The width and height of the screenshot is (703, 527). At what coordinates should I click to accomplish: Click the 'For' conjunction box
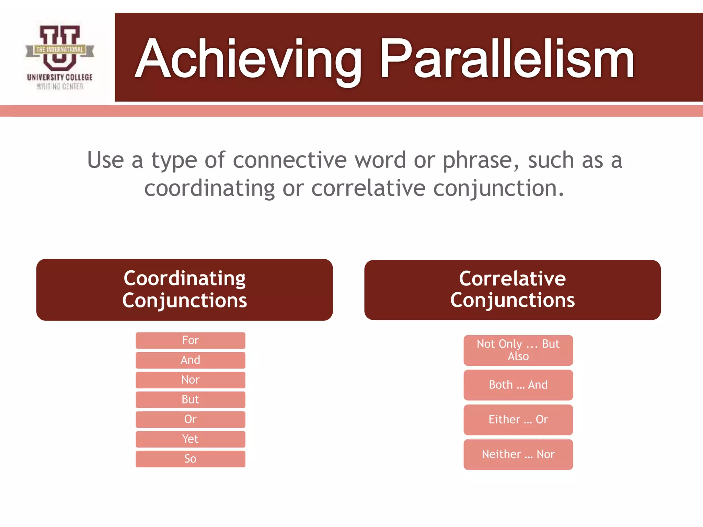[x=190, y=340]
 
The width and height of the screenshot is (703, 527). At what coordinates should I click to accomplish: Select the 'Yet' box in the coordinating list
[x=190, y=439]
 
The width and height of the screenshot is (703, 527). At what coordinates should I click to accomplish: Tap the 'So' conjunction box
[x=190, y=459]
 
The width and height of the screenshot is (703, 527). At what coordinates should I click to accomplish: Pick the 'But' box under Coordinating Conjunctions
[x=190, y=399]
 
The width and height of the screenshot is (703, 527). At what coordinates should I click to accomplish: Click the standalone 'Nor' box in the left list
[x=190, y=380]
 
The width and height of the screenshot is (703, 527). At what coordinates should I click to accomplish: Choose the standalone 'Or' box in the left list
[x=190, y=419]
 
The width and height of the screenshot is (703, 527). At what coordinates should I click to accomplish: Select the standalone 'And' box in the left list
[x=190, y=360]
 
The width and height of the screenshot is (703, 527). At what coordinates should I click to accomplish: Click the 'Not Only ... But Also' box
[x=518, y=350]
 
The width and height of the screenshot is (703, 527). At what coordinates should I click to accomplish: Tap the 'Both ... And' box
[x=518, y=385]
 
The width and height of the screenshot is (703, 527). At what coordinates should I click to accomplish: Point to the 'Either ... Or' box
[x=518, y=420]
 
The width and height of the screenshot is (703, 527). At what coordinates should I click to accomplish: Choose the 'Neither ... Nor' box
[x=518, y=454]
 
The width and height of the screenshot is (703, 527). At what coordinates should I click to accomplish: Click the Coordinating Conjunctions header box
[x=184, y=290]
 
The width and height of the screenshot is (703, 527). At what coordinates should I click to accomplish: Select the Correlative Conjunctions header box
[x=512, y=290]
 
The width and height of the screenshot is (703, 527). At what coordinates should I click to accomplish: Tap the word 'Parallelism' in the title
[x=507, y=59]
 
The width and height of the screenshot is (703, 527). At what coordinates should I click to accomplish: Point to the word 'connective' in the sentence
[x=290, y=160]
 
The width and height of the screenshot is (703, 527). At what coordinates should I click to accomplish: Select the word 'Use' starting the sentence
[x=105, y=160]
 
